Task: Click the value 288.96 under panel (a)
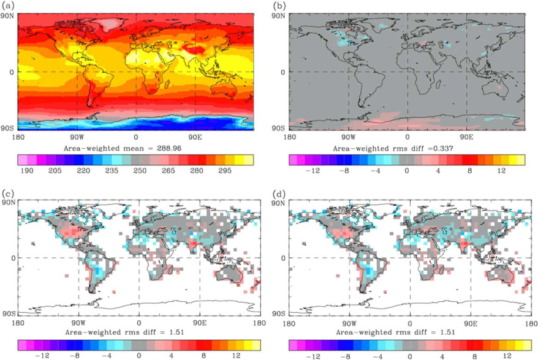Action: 167,148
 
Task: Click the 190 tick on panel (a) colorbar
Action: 27,170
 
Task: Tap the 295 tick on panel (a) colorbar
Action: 224,170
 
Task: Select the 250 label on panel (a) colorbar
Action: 140,170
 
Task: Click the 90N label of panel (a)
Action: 7,16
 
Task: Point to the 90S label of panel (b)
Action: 278,128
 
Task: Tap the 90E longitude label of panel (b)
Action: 466,137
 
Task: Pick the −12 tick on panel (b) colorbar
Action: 313,170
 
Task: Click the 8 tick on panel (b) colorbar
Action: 469,170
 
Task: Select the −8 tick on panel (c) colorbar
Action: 75,356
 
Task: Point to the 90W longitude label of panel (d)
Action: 349,323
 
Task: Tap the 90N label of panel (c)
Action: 7,202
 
